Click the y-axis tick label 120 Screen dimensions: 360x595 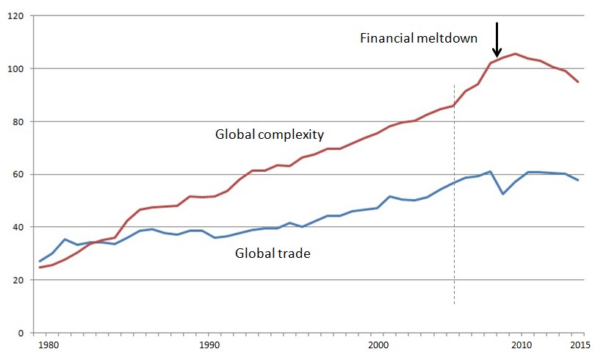tap(14, 16)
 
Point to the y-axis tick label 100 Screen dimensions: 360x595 tap(14, 69)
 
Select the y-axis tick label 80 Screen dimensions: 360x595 tap(16, 122)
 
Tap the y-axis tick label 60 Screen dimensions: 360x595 tap(16, 175)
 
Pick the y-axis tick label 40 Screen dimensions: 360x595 tap(16, 227)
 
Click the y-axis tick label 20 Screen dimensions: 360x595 tap(16, 280)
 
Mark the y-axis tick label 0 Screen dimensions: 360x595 tap(19, 333)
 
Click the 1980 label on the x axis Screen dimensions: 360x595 tap(48, 345)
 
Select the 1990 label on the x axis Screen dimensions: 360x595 tap(209, 345)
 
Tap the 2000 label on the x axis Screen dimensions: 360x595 tap(378, 345)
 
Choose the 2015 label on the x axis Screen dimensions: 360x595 tap(579, 345)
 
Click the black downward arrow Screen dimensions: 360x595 tap(497, 40)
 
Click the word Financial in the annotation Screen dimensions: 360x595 tap(386, 38)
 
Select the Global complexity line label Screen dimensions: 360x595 tap(270, 135)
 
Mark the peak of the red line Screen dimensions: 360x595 tap(515, 54)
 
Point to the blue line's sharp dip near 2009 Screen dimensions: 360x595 tap(502, 193)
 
